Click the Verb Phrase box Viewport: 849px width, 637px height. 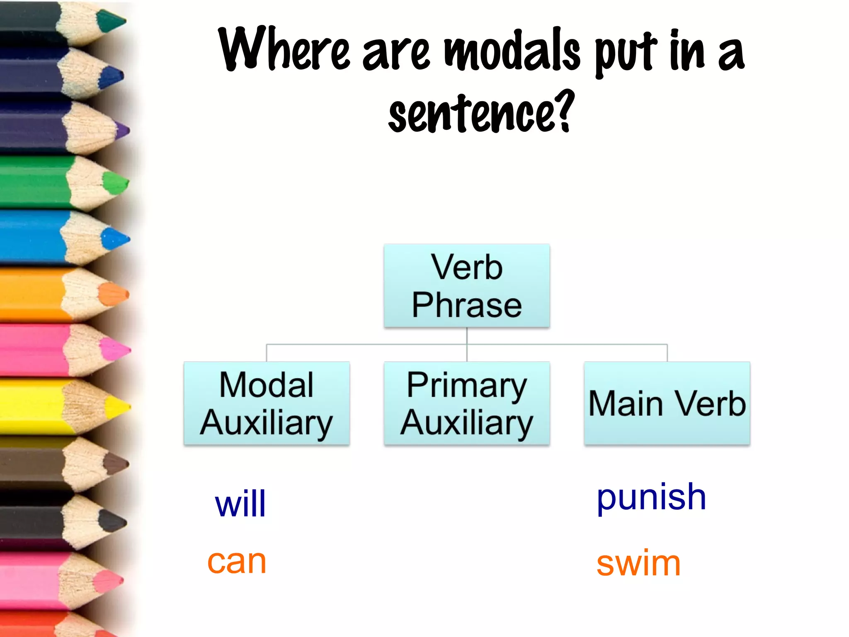coord(467,286)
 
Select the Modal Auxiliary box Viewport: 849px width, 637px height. coord(267,404)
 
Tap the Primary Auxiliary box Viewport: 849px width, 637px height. coord(467,404)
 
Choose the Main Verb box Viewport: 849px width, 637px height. coord(667,404)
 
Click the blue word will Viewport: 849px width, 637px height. coord(240,504)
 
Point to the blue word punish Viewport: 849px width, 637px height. coord(651,498)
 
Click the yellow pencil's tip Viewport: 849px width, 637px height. coord(118,407)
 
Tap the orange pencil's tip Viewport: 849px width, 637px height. coord(114,294)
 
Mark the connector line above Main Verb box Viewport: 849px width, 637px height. coord(667,353)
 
